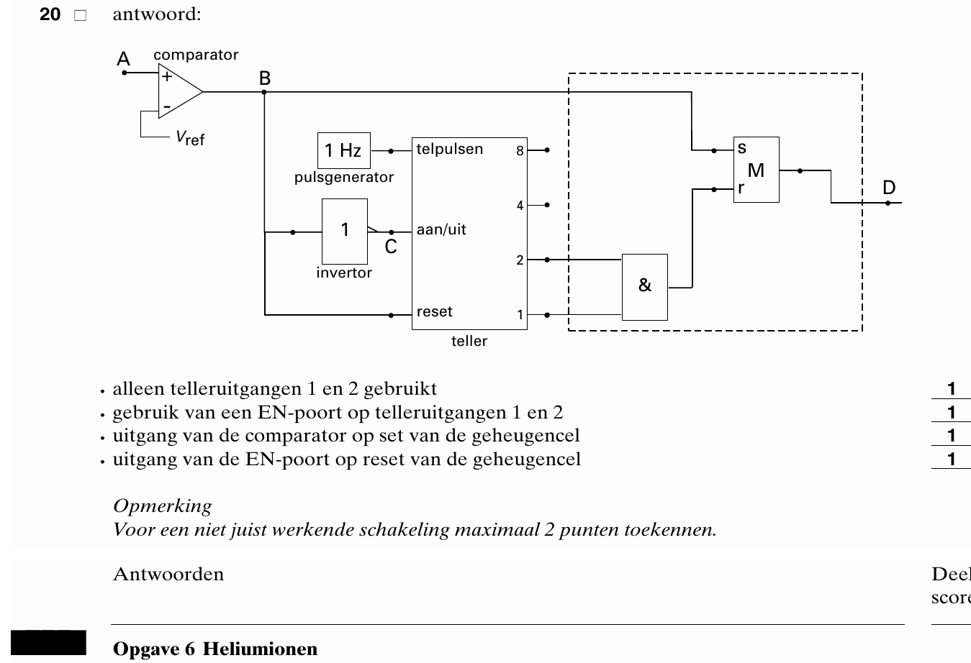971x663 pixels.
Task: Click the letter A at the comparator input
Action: point(124,58)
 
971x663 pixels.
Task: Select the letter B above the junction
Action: point(265,78)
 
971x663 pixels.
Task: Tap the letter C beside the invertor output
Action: point(391,247)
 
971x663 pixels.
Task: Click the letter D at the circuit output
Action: point(889,188)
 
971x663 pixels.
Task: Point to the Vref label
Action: point(190,138)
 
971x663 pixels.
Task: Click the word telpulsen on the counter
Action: point(450,149)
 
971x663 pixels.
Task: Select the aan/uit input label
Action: point(441,229)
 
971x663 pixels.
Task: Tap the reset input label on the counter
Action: point(434,311)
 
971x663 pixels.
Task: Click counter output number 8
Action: point(520,151)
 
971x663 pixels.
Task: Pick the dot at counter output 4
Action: point(547,205)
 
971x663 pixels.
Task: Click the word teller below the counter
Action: point(469,341)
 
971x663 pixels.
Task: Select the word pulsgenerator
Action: point(344,178)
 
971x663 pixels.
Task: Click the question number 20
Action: point(50,14)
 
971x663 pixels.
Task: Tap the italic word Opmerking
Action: point(163,506)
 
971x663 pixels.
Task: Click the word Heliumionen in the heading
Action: point(260,649)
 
